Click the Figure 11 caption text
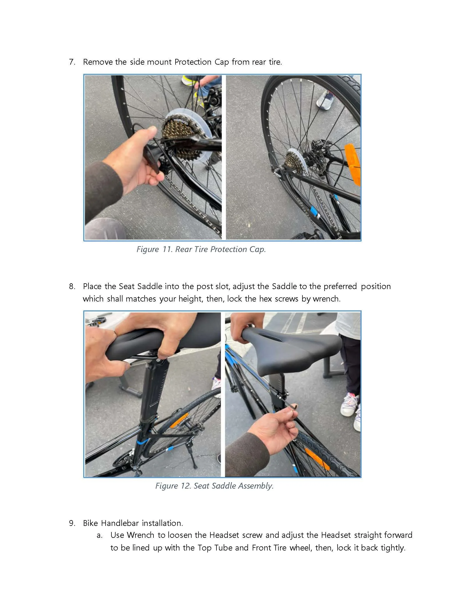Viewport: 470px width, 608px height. pyautogui.click(x=201, y=249)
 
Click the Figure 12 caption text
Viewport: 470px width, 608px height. pyautogui.click(x=214, y=486)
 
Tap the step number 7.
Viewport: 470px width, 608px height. pyautogui.click(x=72, y=62)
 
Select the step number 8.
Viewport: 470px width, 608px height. pyautogui.click(x=72, y=287)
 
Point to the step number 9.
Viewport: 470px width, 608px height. pyautogui.click(x=72, y=523)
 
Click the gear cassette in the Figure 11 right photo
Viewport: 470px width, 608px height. pyautogui.click(x=294, y=161)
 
